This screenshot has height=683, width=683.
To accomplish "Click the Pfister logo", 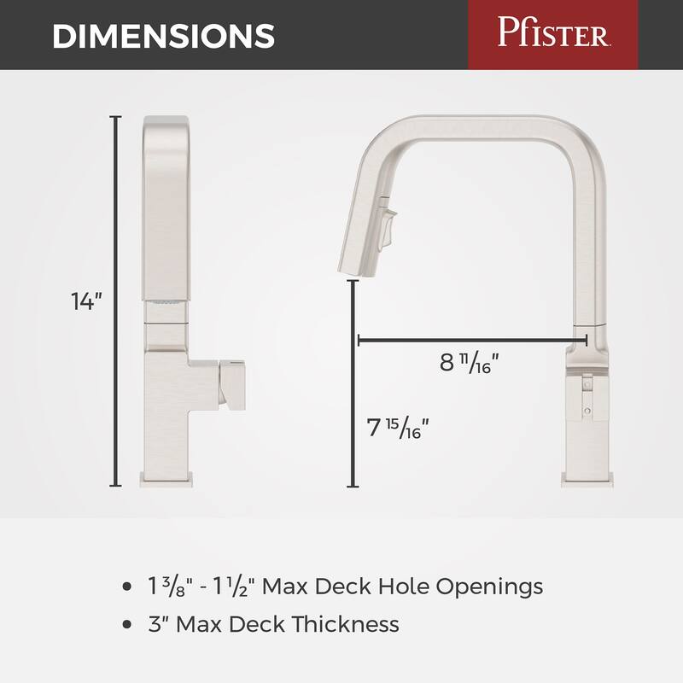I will point(552,35).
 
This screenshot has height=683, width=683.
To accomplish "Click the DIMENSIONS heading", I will point(163,36).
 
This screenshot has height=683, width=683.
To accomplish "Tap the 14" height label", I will point(86,301).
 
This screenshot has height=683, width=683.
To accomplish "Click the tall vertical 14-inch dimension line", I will point(117,299).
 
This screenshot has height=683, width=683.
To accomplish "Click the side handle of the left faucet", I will point(231,382).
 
